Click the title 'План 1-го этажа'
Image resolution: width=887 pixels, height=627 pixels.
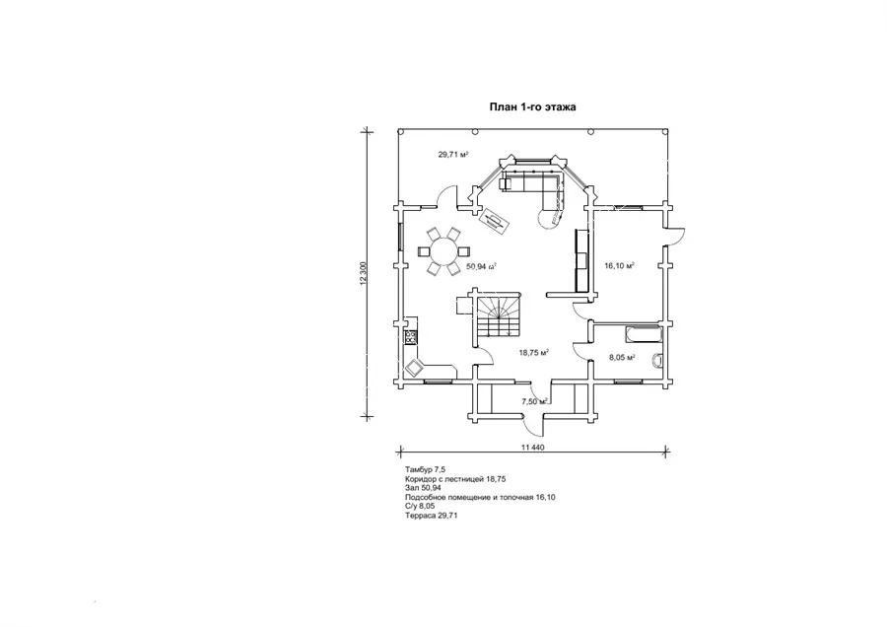point(533,105)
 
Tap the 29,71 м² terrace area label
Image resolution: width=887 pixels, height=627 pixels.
point(452,155)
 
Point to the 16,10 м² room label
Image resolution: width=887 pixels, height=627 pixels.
point(618,265)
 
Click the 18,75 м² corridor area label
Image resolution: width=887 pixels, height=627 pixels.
point(533,352)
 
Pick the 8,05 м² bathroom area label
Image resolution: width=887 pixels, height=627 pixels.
point(621,358)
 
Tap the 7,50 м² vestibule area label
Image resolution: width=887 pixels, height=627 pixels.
point(533,401)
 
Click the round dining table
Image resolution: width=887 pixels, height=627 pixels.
point(441,250)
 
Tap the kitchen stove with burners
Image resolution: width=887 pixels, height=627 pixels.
point(409,338)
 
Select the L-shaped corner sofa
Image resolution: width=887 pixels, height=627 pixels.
point(537,188)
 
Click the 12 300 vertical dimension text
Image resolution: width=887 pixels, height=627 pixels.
point(364,273)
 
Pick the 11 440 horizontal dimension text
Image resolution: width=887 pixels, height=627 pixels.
point(531,448)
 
